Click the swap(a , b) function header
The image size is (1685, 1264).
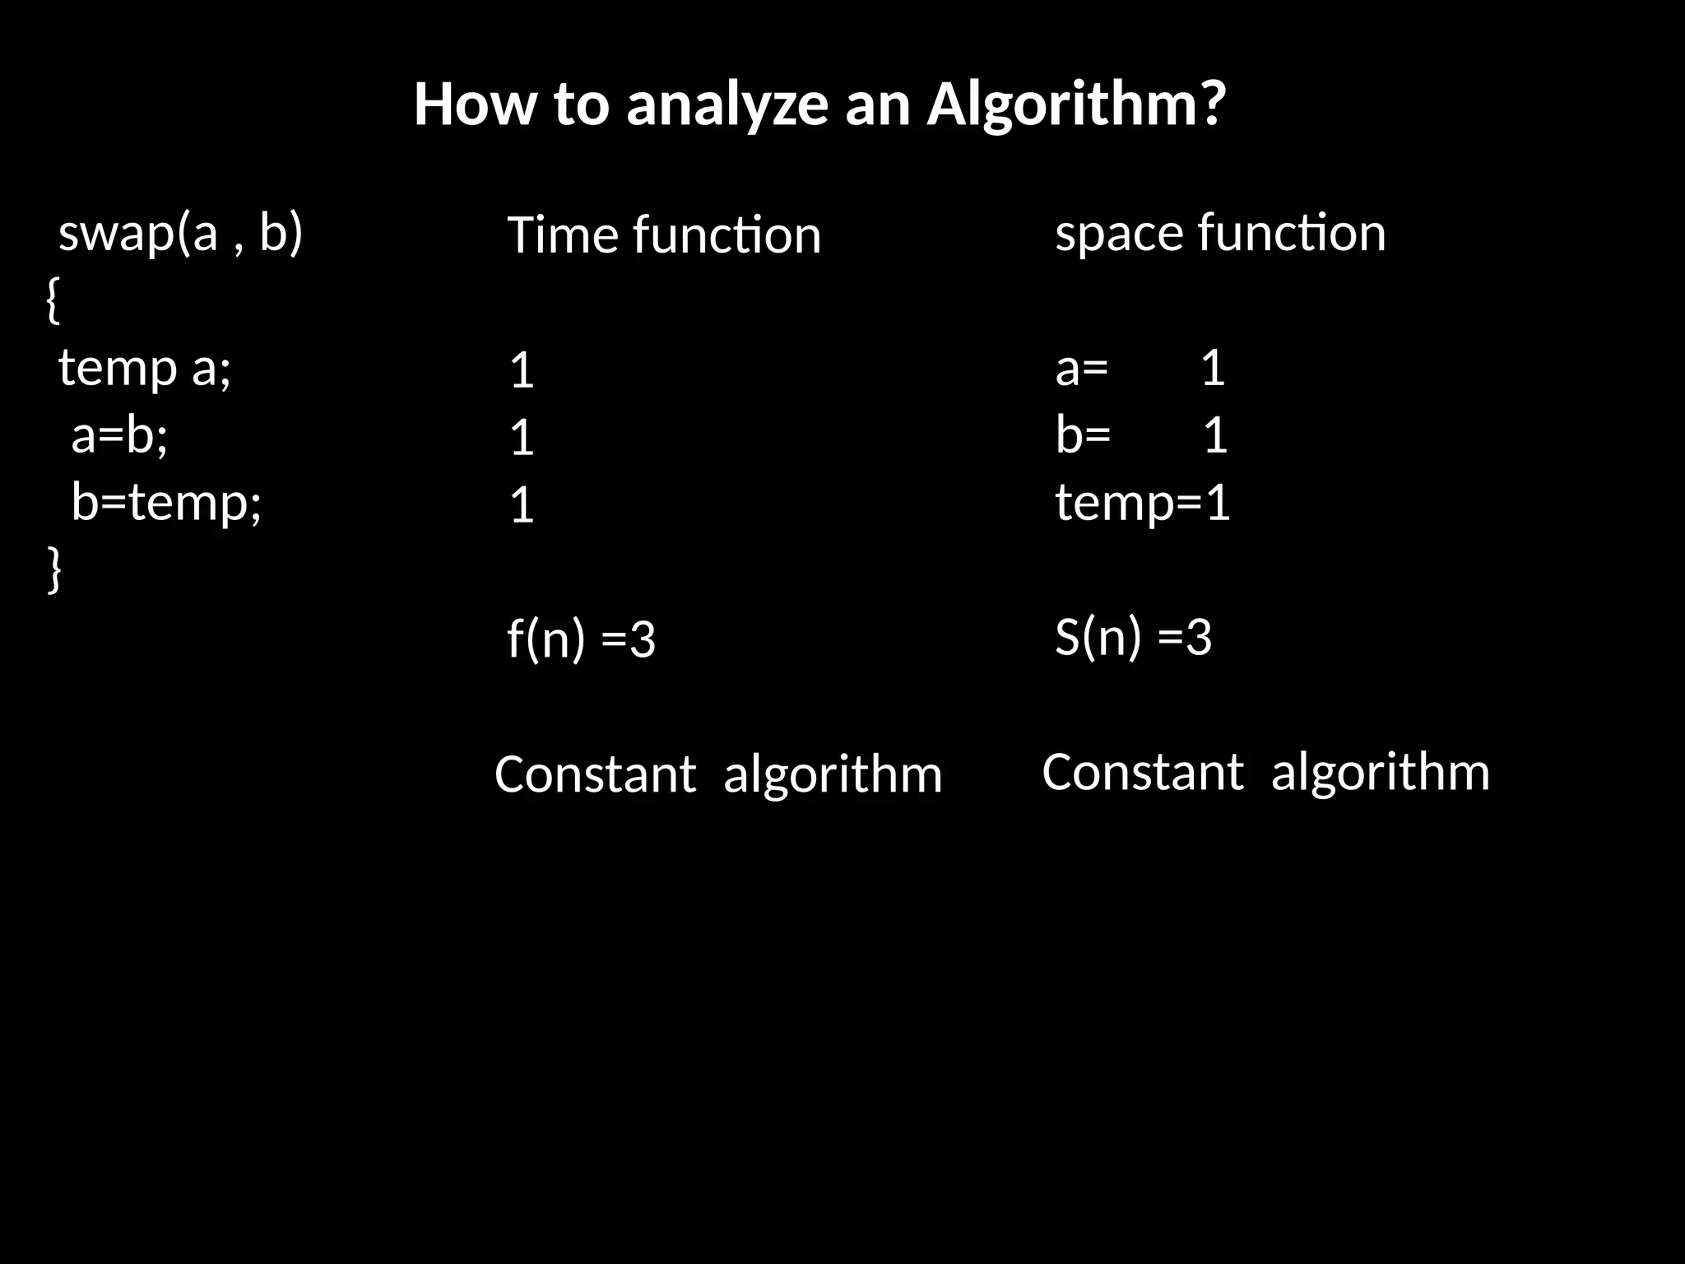tap(181, 233)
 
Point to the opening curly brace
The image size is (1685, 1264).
tap(53, 300)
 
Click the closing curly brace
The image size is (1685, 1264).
tap(53, 569)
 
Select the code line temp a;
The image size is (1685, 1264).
tap(145, 368)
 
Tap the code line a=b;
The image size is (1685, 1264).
tap(119, 434)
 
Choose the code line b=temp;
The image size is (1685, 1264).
tap(166, 502)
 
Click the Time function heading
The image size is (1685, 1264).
tap(664, 235)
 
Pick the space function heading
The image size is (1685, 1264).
tap(1220, 233)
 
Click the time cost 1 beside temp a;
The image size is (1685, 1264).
tap(522, 371)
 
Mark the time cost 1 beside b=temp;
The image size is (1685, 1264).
tap(522, 505)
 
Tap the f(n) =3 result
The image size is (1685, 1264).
tap(581, 639)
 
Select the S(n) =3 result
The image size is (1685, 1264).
tap(1133, 637)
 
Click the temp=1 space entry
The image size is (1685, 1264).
tap(1143, 503)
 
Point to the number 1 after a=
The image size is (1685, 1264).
tap(1213, 368)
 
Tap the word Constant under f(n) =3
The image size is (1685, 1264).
tap(595, 774)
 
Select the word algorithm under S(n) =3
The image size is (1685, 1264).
tap(1380, 772)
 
